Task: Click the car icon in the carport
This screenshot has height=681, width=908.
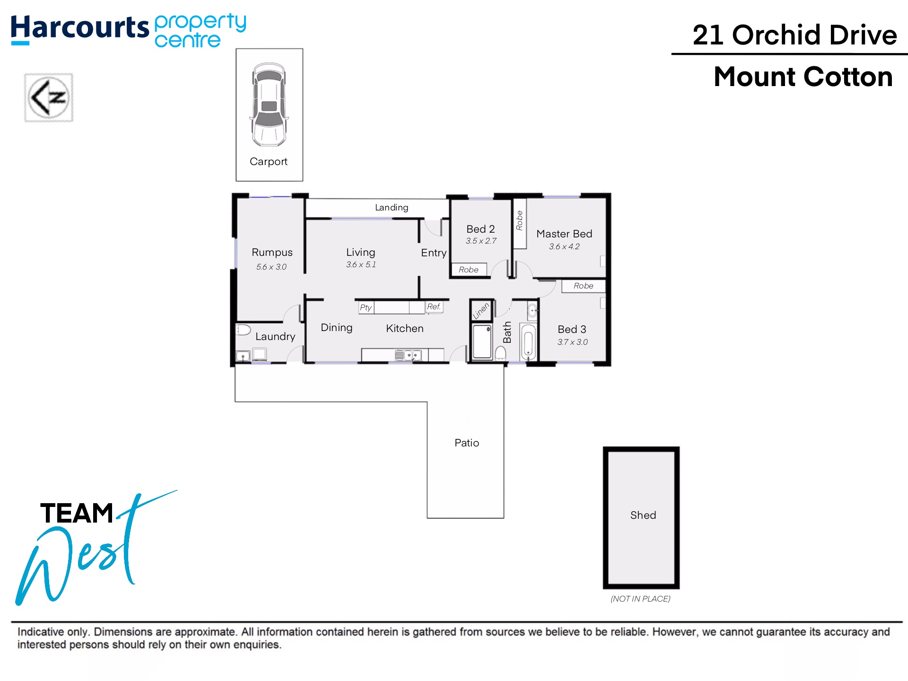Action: [269, 105]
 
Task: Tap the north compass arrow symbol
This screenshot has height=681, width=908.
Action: [49, 97]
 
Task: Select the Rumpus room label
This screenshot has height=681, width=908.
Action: [272, 253]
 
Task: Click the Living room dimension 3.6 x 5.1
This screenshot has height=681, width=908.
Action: [361, 264]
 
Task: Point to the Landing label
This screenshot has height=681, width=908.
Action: [392, 208]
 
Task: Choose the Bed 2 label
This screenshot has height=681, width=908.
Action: [480, 229]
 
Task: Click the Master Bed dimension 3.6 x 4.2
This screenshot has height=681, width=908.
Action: [564, 246]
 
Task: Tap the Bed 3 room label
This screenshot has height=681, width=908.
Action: [572, 329]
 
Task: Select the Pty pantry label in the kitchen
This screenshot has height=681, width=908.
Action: [366, 307]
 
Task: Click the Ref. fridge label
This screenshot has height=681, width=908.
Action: [434, 306]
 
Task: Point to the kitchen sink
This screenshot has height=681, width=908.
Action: [408, 355]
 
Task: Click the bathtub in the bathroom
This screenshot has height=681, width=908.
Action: [528, 341]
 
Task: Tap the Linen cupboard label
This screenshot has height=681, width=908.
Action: [480, 311]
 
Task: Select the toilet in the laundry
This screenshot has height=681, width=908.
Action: [243, 330]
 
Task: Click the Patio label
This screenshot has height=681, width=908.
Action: [467, 443]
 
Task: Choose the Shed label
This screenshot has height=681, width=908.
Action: [643, 515]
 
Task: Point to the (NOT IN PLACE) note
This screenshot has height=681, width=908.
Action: [640, 599]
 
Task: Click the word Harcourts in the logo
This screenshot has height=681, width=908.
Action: [80, 27]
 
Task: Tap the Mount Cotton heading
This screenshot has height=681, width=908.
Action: [803, 77]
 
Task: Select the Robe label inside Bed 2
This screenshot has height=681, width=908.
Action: [469, 270]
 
